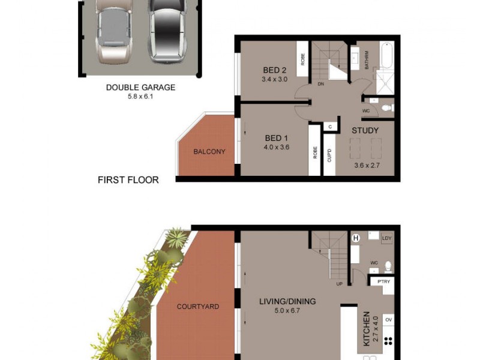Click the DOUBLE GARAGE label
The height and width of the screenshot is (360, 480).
(140, 88)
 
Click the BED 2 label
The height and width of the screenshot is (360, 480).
(275, 69)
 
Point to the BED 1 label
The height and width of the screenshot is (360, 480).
(277, 138)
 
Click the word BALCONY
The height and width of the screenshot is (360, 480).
(209, 152)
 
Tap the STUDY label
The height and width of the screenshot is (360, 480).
(365, 130)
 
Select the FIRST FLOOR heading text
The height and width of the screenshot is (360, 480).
(128, 179)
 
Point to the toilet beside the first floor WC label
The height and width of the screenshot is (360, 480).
(387, 108)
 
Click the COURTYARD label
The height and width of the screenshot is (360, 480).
(198, 307)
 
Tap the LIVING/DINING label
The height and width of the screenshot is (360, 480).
(287, 302)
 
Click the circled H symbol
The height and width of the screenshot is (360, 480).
(355, 238)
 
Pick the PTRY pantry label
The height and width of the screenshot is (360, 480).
(382, 281)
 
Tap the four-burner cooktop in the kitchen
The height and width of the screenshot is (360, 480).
(388, 341)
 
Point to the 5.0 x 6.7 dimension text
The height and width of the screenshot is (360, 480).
(287, 311)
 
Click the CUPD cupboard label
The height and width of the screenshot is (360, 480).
(329, 155)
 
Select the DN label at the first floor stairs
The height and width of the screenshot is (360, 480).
(321, 84)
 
